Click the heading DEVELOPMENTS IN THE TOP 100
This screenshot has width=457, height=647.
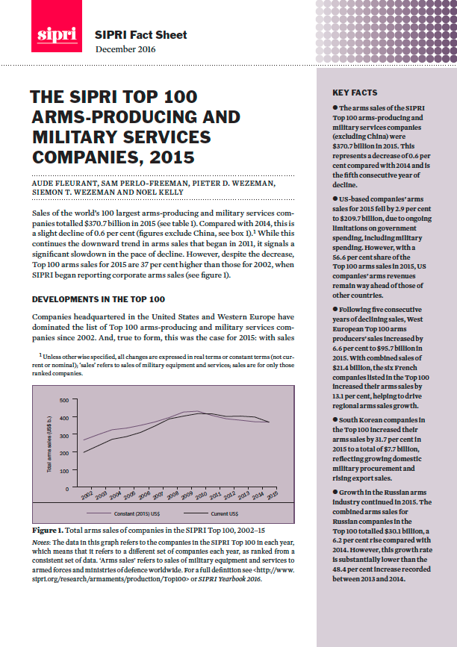click(98, 299)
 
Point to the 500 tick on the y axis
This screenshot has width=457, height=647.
click(63, 400)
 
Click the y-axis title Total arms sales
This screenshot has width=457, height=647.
click(49, 444)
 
